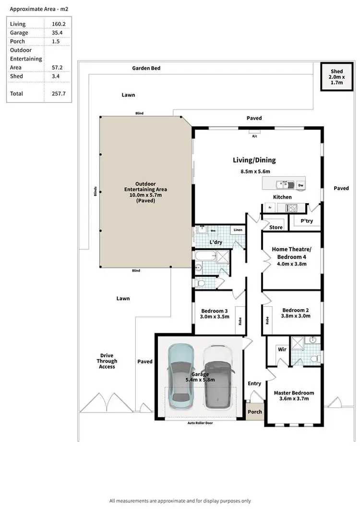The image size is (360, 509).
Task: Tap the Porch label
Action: [x=255, y=412]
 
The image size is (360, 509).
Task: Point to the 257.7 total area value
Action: [x=58, y=94]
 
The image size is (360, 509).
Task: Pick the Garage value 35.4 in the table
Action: [x=58, y=33]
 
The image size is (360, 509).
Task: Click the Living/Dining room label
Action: [x=254, y=160]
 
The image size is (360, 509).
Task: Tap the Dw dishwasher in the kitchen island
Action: [x=300, y=185]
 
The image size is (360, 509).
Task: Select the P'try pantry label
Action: [x=307, y=221]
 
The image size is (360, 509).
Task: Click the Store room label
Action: [x=276, y=227]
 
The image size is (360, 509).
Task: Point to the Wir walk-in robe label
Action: [x=282, y=350]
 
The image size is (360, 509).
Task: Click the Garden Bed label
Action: [x=146, y=69]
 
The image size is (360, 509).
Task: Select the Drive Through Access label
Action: [x=107, y=361]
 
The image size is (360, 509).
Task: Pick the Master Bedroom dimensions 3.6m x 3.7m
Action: [x=294, y=399]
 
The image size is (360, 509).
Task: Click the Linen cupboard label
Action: [x=238, y=230]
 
